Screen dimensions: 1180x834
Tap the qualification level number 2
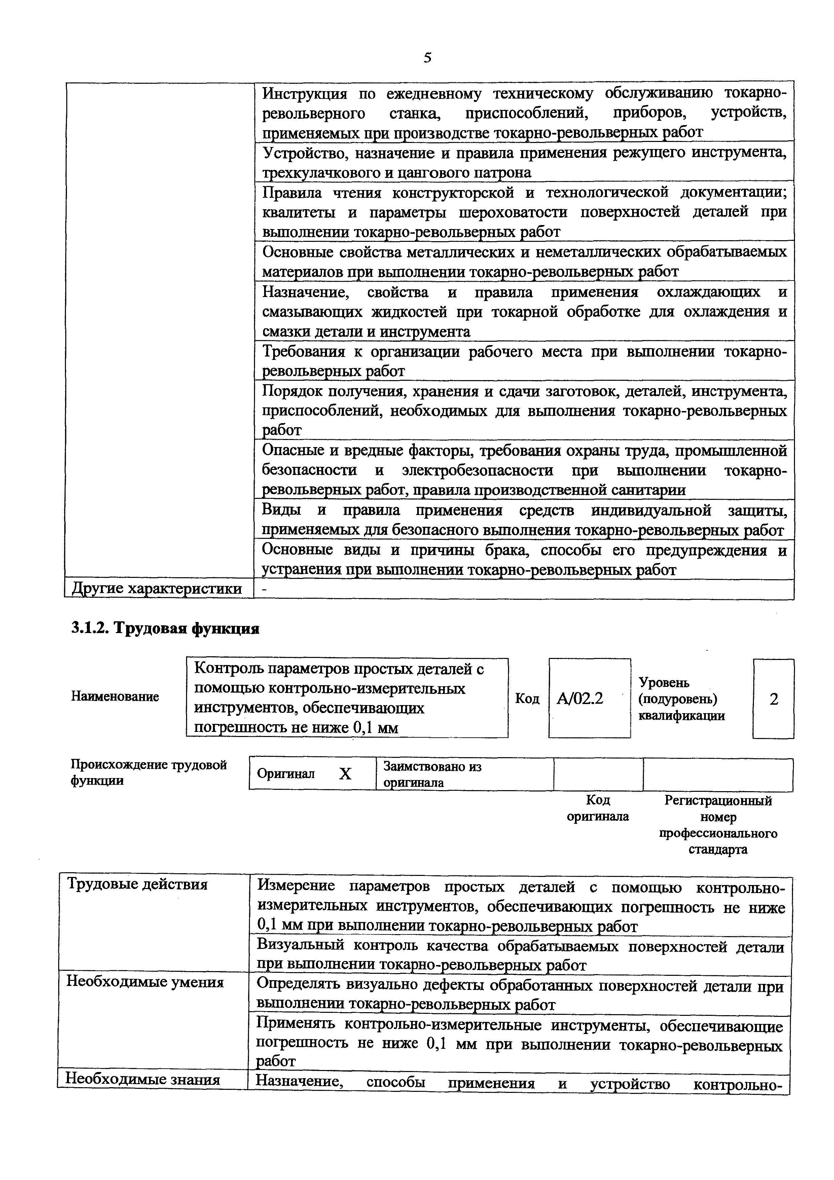pyautogui.click(x=773, y=699)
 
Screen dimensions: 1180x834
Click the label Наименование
pyautogui.click(x=115, y=697)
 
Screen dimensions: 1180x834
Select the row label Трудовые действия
pyautogui.click(x=138, y=884)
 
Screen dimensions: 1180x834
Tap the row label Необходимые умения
pyautogui.click(x=145, y=982)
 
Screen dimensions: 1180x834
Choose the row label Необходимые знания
pyautogui.click(x=143, y=1079)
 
